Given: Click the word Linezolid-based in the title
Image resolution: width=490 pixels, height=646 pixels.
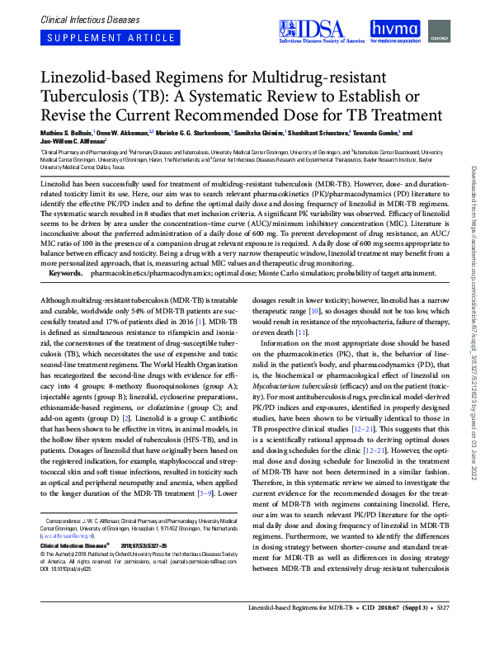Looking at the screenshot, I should point(88,78).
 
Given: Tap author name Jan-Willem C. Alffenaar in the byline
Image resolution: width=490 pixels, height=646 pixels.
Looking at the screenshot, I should point(69,141).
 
